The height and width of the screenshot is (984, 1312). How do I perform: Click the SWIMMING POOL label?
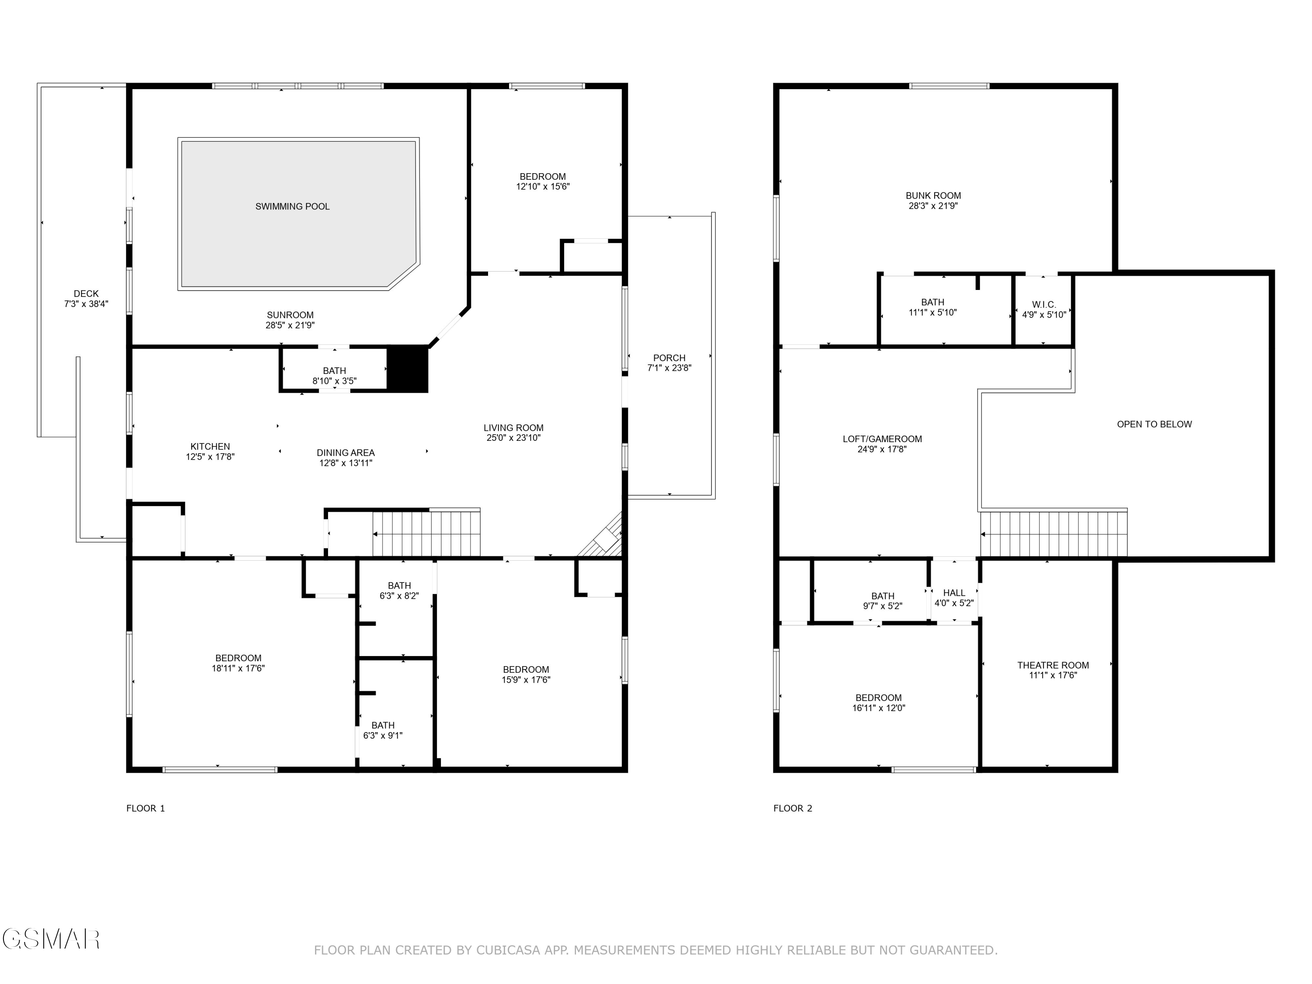pos(293,206)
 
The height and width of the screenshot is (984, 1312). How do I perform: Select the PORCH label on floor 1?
pos(669,358)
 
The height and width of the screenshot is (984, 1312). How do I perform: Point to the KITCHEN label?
pos(210,447)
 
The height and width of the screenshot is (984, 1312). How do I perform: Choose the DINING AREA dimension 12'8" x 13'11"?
pos(346,463)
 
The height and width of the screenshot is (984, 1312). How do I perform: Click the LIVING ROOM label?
pos(513,428)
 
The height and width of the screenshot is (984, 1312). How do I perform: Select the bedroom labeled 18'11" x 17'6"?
pos(238,663)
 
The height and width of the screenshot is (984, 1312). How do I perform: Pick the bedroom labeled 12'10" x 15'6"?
pos(543,181)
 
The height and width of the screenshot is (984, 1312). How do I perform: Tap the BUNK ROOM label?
pos(933,196)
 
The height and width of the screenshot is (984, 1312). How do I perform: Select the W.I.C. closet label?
pos(1044,305)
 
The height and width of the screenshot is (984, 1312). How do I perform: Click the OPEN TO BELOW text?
pos(1154,424)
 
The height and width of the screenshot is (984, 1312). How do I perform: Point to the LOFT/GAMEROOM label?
pos(882,439)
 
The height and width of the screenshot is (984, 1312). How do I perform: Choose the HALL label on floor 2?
pos(954,593)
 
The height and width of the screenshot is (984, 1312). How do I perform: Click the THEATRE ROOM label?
pos(1053,665)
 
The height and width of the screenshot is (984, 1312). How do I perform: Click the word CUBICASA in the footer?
pos(508,950)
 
